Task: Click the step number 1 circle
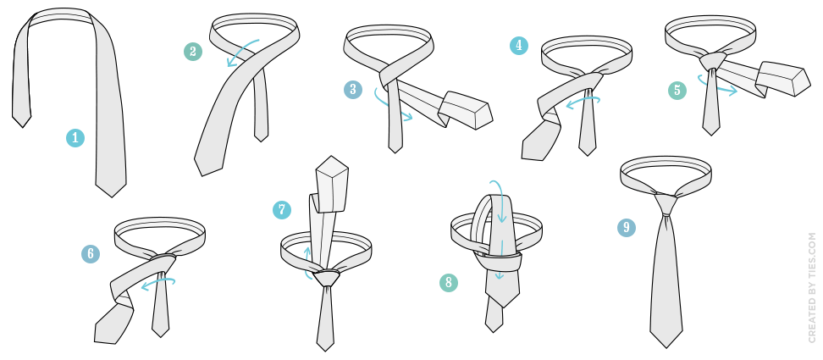point(75,138)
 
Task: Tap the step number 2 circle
point(193,52)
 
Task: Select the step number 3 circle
point(353,90)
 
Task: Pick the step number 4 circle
point(519,46)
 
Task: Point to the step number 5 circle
point(677,91)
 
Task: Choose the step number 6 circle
point(91,254)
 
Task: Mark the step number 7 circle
point(282,210)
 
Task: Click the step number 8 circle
point(449,283)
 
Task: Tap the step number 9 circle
point(627,227)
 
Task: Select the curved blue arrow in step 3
point(389,107)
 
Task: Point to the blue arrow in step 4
point(582,102)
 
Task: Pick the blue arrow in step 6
point(157,284)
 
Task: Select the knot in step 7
point(327,276)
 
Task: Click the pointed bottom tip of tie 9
point(666,347)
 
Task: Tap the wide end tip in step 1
point(111,197)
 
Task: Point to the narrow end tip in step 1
point(22,126)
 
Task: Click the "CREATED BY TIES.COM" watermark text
point(813,288)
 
